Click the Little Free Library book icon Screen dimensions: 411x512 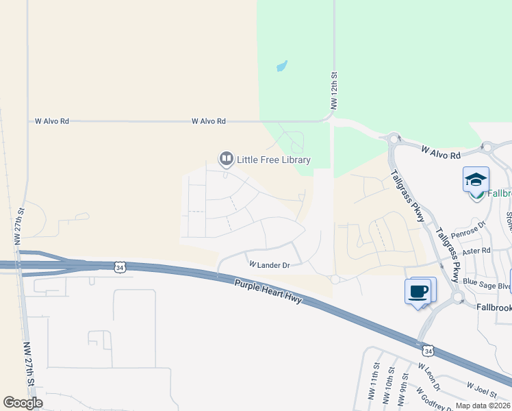[x=226, y=160]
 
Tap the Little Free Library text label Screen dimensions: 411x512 [x=274, y=160]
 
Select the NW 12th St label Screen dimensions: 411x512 [x=334, y=91]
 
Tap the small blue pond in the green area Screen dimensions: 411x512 [x=281, y=66]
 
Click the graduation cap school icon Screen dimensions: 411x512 [x=476, y=179]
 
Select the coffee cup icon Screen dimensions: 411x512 [x=418, y=291]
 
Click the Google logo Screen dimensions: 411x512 [x=23, y=403]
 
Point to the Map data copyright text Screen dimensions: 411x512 [x=483, y=406]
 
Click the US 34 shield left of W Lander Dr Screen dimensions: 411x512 [x=120, y=266]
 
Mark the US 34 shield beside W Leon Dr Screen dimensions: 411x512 [x=428, y=351]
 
